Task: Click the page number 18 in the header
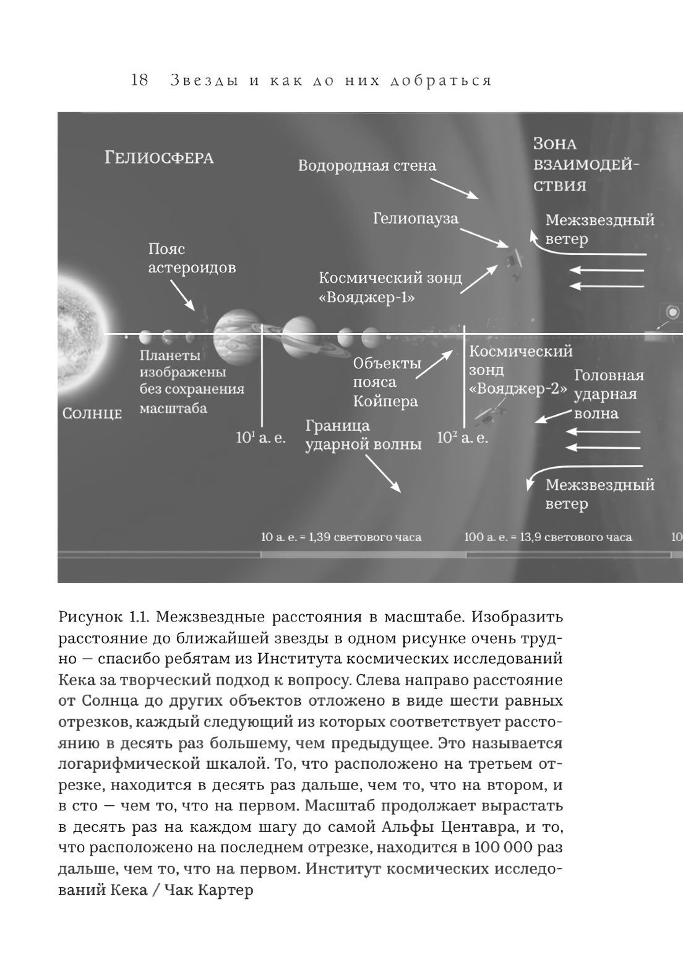(x=140, y=80)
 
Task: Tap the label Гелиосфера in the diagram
(x=159, y=157)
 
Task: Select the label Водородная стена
(x=367, y=166)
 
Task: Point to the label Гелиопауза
(x=415, y=219)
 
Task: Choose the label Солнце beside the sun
(x=92, y=414)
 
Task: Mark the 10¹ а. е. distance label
(x=260, y=438)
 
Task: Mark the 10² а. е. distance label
(x=462, y=438)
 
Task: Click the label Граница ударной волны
(x=363, y=435)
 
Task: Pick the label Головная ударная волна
(x=608, y=394)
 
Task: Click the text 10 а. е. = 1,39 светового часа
(x=341, y=537)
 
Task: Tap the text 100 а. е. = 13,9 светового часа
(x=548, y=537)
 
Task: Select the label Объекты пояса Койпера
(x=387, y=382)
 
